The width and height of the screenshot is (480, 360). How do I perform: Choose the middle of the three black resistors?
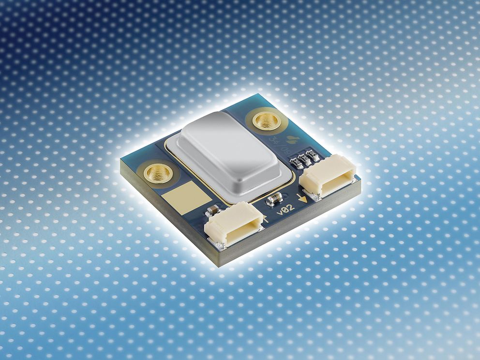[305, 158]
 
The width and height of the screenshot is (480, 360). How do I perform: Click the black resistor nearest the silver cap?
[298, 163]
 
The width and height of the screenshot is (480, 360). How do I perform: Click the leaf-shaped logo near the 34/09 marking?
[293, 139]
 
